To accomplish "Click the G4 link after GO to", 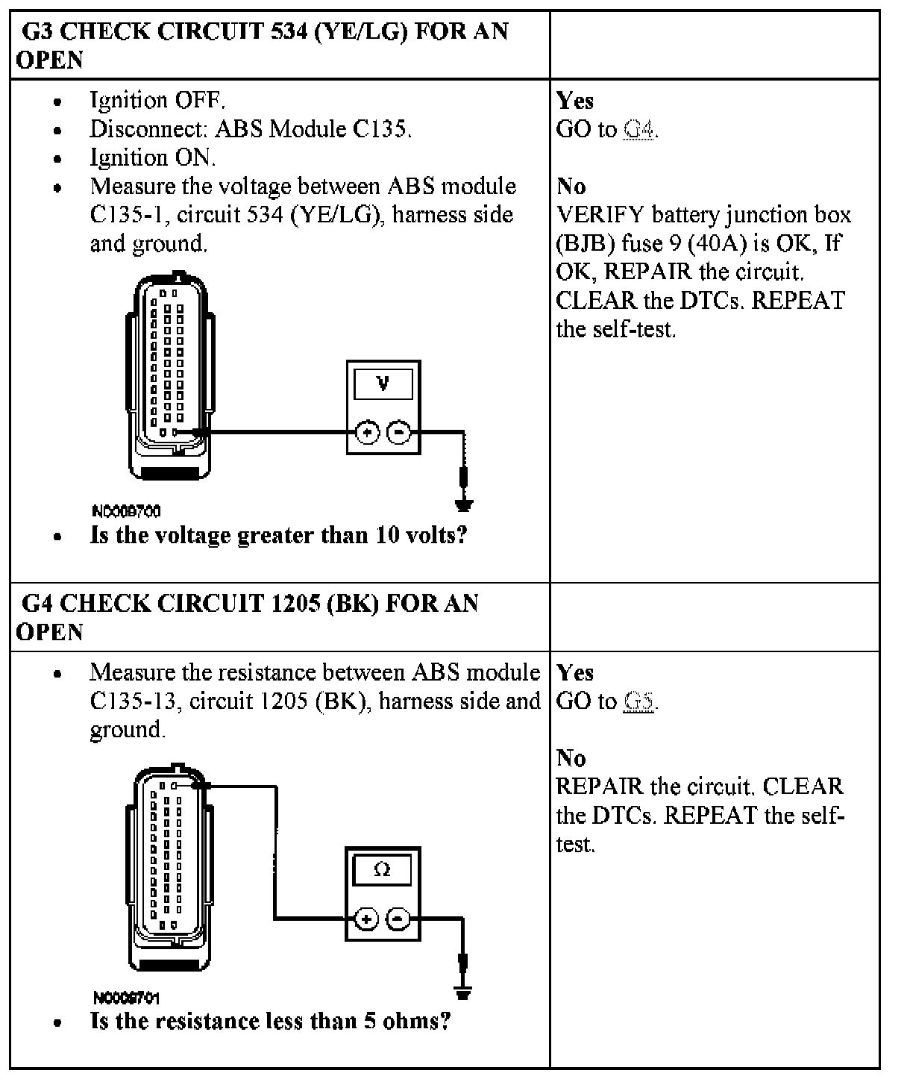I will click(x=639, y=130).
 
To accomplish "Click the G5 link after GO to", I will click(x=638, y=701).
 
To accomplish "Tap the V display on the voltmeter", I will click(x=383, y=385).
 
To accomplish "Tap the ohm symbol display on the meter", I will click(x=382, y=870).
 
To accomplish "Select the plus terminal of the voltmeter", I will click(x=367, y=432).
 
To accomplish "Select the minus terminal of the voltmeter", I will click(x=400, y=432).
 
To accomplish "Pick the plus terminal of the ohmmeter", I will click(x=365, y=919).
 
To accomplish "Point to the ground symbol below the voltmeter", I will click(x=464, y=505).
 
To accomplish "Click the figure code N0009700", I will click(x=126, y=511).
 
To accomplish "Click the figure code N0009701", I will click(x=126, y=998).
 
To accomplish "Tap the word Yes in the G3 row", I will click(x=575, y=101).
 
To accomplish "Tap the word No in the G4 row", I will click(x=571, y=758).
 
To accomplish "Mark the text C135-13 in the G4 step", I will click(x=134, y=701).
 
